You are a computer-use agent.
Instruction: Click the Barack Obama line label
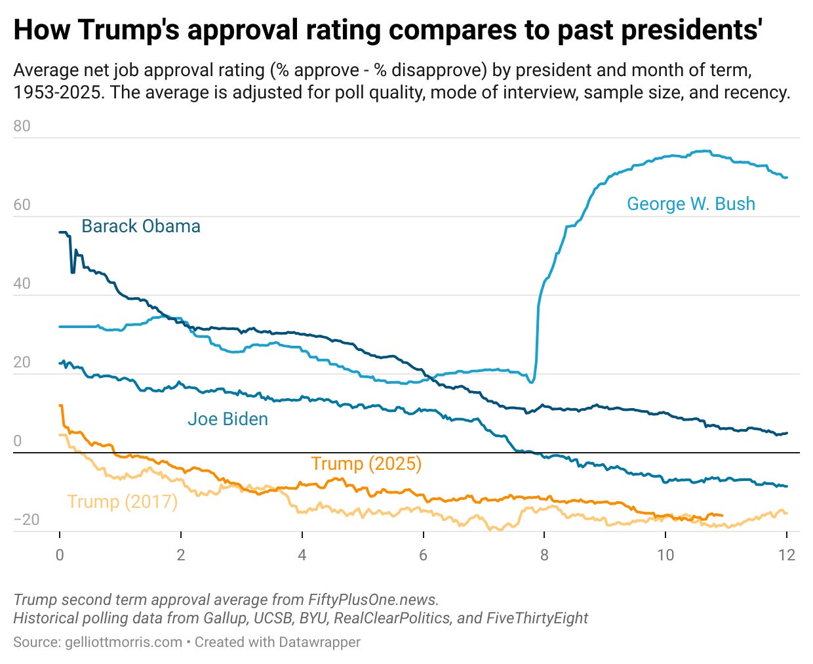point(140,226)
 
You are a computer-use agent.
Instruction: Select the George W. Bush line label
point(690,204)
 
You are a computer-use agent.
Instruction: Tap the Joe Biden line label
point(228,419)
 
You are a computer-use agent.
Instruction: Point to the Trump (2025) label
point(366,464)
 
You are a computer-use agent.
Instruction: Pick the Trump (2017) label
point(122,502)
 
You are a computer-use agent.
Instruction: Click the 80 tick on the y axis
point(22,126)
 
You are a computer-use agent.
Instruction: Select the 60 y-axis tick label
point(22,205)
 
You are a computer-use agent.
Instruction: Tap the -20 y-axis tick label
point(26,520)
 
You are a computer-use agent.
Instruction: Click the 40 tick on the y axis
point(22,283)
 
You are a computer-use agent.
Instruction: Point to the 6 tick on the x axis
point(423,555)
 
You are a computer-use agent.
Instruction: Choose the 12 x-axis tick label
point(786,555)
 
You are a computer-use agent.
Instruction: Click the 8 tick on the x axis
point(544,555)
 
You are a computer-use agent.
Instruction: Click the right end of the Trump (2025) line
point(722,515)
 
